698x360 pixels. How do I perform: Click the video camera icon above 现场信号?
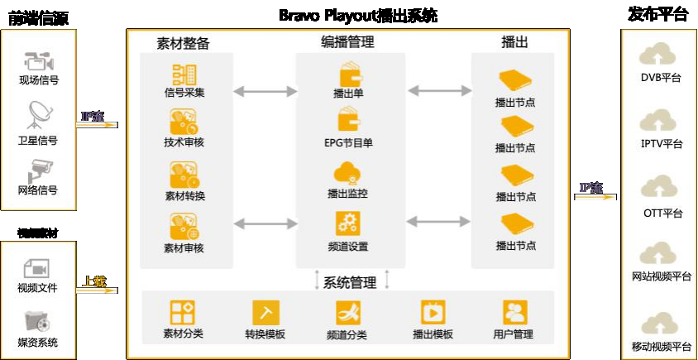click(38, 61)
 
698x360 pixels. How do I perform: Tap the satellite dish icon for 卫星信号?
click(38, 113)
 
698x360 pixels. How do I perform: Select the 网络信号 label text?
click(38, 190)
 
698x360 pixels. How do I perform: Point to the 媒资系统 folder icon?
click(38, 320)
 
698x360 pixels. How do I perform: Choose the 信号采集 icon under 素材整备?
click(183, 73)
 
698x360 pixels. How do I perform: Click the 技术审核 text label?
click(184, 142)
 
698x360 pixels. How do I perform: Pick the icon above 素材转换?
click(183, 175)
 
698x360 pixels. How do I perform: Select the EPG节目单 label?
click(348, 142)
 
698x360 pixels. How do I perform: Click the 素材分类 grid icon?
click(183, 313)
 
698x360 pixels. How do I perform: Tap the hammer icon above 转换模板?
click(265, 313)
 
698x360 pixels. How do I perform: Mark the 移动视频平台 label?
click(662, 347)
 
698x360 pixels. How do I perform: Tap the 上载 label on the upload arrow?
click(95, 281)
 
